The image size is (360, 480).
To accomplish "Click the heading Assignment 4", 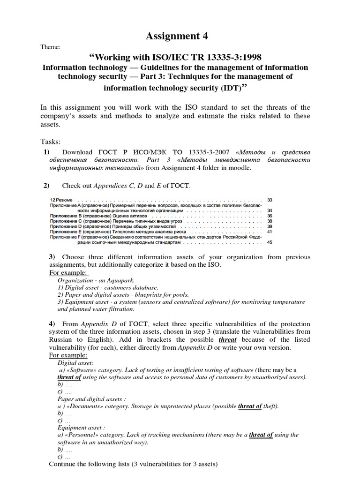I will coord(177,36).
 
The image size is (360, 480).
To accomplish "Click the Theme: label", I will coord(51,47).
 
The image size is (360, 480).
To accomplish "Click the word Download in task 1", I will coord(77,152).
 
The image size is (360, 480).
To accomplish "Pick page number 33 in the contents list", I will coord(269,200).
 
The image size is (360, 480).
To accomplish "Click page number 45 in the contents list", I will coord(269,242).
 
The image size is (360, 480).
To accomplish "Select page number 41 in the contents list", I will coord(269,232).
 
